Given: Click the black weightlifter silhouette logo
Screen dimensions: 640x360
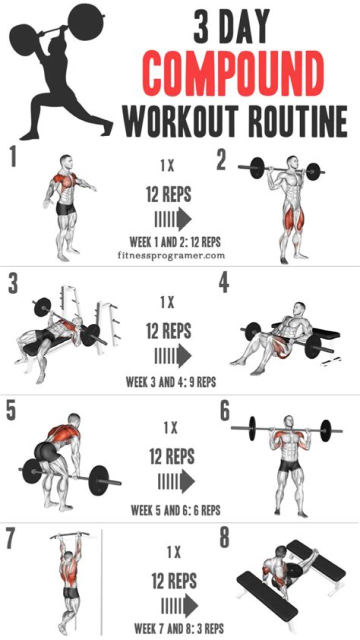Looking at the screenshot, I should (62, 70).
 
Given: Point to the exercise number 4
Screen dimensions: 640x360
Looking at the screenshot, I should (223, 284).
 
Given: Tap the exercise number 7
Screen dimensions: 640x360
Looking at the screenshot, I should (11, 538).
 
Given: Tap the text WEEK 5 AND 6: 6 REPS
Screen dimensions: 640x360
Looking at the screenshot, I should (175, 510).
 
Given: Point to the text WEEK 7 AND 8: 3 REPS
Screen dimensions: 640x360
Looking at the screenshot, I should (178, 628).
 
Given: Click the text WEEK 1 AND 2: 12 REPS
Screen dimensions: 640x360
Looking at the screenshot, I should (175, 242).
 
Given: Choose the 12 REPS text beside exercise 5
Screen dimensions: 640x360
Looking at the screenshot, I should (172, 456).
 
